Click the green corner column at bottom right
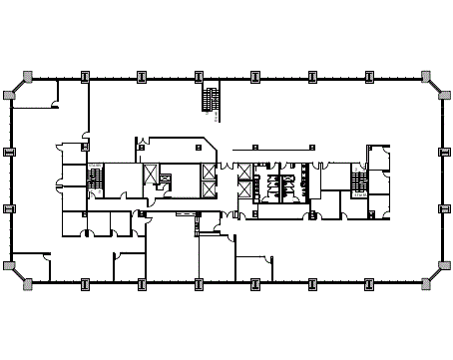click(x=426, y=284)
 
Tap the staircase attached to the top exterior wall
click(x=211, y=100)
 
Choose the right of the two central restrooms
click(x=290, y=183)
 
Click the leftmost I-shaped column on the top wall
click(x=86, y=76)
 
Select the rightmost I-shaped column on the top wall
click(x=369, y=76)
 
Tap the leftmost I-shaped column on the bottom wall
click(x=86, y=284)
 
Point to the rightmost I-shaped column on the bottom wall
click(x=369, y=284)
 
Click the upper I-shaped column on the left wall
click(x=9, y=152)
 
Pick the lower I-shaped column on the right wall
click(x=444, y=208)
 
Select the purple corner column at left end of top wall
click(x=28, y=76)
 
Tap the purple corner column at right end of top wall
click(x=426, y=76)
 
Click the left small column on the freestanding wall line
click(x=254, y=148)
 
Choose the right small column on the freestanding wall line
click(x=311, y=148)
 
